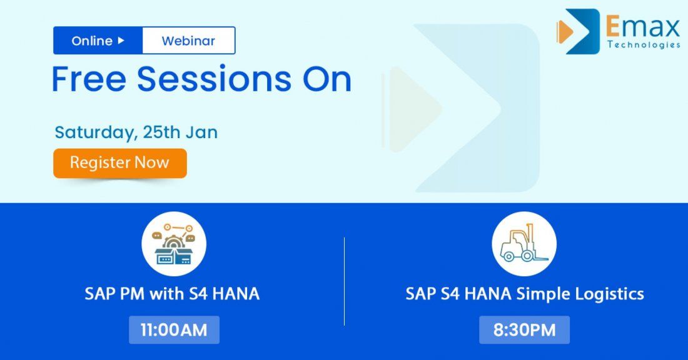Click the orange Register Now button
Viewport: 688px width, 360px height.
pyautogui.click(x=119, y=163)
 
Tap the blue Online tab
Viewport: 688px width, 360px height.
pyautogui.click(x=98, y=41)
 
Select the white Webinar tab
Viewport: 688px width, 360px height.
pyautogui.click(x=188, y=41)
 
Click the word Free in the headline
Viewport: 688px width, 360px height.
pyautogui.click(x=89, y=80)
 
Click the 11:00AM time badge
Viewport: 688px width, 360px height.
pyautogui.click(x=174, y=330)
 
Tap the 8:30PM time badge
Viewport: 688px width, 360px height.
pyautogui.click(x=524, y=330)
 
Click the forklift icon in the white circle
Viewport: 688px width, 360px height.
pyautogui.click(x=524, y=244)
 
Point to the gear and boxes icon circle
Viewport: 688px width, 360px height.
pyautogui.click(x=174, y=244)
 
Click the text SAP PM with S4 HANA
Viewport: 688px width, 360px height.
pyautogui.click(x=172, y=294)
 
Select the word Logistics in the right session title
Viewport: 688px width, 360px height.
pyautogui.click(x=609, y=294)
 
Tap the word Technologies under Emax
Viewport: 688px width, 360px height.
pyautogui.click(x=644, y=45)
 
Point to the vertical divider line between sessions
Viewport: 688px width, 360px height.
pyautogui.click(x=345, y=281)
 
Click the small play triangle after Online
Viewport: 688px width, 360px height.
pyautogui.click(x=121, y=41)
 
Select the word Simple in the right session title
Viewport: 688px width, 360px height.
pyautogui.click(x=544, y=294)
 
